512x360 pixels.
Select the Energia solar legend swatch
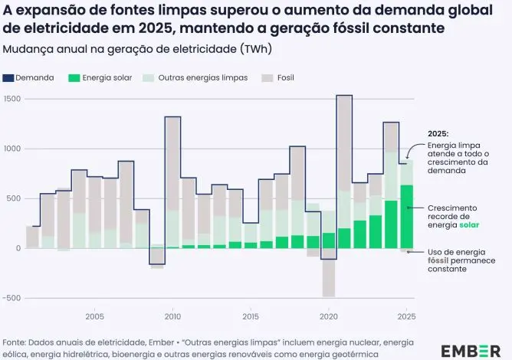[x=74, y=78]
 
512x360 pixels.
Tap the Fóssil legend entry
[x=281, y=78]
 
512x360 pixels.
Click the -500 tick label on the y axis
[x=11, y=299]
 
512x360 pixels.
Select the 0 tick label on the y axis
[x=17, y=248]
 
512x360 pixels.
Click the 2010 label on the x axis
[x=172, y=316]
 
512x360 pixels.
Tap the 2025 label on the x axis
[x=406, y=316]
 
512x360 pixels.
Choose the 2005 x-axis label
[x=95, y=316]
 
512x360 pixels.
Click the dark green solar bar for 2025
[x=406, y=217]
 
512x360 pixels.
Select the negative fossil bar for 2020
[x=329, y=278]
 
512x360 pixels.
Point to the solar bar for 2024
[x=391, y=224]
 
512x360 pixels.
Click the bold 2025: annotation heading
[x=439, y=133]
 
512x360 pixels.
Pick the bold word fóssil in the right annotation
[x=442, y=260]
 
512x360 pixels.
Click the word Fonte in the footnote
[x=15, y=342]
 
